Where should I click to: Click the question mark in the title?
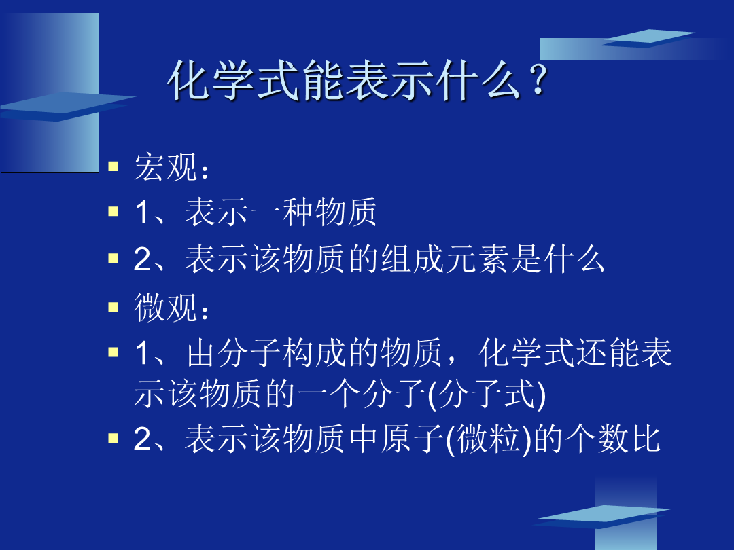[538, 79]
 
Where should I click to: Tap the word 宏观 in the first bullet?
[165, 167]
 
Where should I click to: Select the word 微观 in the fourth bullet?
[165, 308]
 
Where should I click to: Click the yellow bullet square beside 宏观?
[113, 166]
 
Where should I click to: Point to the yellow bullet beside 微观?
[113, 307]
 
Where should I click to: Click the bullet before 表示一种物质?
[113, 211]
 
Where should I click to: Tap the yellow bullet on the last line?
[113, 438]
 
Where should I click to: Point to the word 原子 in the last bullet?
[412, 439]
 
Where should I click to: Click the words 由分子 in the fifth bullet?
[233, 352]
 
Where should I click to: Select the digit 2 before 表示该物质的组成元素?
[142, 259]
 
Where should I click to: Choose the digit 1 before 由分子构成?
[142, 353]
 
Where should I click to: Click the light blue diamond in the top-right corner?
[648, 38]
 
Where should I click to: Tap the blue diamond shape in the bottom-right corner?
[604, 517]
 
